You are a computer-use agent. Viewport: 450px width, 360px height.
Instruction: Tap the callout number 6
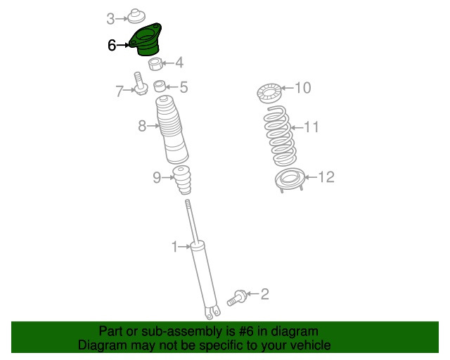click(x=112, y=45)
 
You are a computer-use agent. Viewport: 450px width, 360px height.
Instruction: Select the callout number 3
click(x=111, y=18)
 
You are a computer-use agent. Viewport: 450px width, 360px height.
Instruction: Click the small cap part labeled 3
click(x=135, y=15)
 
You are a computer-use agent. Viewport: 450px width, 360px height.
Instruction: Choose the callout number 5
click(x=184, y=87)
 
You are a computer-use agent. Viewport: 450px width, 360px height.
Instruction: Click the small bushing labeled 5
click(x=160, y=87)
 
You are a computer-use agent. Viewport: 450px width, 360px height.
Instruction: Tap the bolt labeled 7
click(x=139, y=84)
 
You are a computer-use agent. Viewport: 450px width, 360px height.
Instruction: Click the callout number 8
click(x=142, y=127)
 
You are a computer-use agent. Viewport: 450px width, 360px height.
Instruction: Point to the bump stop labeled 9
click(x=184, y=181)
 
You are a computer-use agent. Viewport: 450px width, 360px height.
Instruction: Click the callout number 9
click(x=157, y=178)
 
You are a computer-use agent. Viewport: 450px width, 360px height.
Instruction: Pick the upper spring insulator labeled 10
click(x=269, y=91)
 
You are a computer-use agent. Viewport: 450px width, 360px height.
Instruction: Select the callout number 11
click(x=311, y=127)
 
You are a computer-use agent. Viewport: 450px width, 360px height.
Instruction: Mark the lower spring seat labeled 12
click(x=288, y=181)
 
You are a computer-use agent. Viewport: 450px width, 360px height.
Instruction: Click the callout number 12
click(x=327, y=177)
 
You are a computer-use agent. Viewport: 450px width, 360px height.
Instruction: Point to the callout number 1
click(x=174, y=246)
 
